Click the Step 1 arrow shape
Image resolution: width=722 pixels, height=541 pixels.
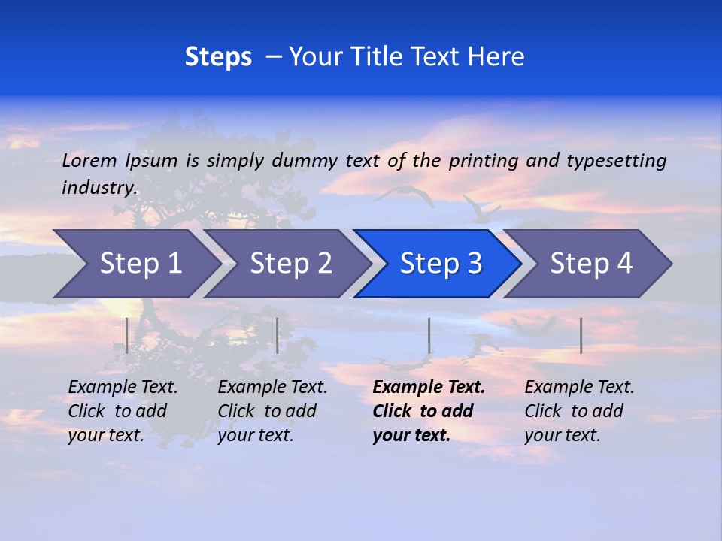(x=135, y=264)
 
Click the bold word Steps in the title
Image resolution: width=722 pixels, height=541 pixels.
(x=218, y=57)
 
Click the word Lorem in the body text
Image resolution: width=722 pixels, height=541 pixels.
(x=89, y=161)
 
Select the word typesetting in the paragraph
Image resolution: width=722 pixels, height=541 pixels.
(x=616, y=161)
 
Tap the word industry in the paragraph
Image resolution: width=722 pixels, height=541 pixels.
(x=98, y=188)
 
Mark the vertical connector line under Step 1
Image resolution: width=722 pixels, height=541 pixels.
(x=126, y=335)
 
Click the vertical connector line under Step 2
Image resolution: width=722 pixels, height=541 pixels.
(x=278, y=335)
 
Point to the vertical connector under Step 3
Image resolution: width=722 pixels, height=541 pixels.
(x=429, y=335)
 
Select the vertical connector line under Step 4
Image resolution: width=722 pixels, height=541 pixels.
(x=581, y=335)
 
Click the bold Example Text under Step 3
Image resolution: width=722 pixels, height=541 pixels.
(x=429, y=388)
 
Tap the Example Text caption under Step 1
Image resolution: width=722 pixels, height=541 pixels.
(x=123, y=388)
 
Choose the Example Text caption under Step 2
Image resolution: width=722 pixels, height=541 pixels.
(x=272, y=388)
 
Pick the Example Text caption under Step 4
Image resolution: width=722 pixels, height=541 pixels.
(x=579, y=388)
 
